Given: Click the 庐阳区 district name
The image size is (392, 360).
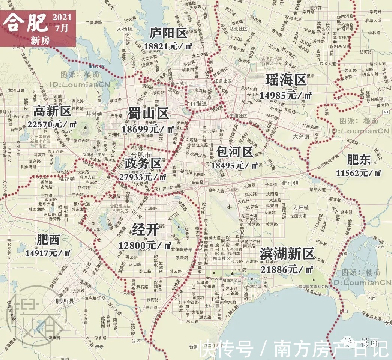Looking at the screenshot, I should [x=167, y=33].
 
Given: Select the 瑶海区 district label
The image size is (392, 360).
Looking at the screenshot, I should [x=286, y=80].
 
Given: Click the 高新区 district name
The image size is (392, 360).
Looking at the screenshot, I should [x=52, y=111].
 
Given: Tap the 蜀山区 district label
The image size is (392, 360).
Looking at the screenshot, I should [x=148, y=113].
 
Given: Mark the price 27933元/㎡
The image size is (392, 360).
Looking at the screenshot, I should [x=143, y=177].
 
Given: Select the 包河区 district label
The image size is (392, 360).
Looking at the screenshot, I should [x=234, y=151].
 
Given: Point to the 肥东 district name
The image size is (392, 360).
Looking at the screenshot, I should [x=359, y=160].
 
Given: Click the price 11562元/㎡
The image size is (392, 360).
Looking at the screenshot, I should [x=359, y=173].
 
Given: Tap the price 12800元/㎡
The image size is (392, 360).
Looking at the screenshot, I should [x=145, y=245].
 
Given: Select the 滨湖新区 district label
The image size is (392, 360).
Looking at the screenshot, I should [x=287, y=254].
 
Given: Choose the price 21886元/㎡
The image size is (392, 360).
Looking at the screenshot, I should [x=287, y=269].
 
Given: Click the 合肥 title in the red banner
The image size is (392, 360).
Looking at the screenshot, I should [x=26, y=24].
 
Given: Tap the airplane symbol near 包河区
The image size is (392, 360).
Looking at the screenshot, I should [x=229, y=207].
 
